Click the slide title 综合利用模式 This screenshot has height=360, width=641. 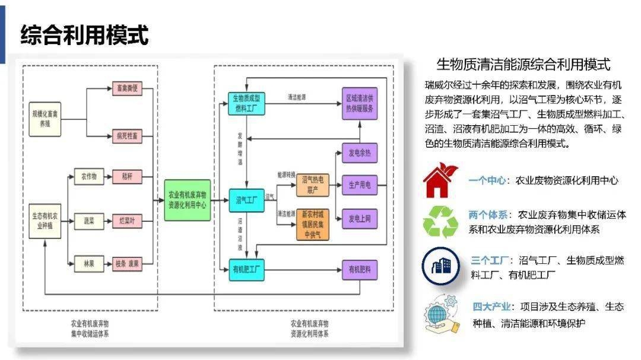[84, 35]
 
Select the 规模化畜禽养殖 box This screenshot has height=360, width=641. [46, 112]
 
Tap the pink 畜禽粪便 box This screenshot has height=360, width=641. [127, 90]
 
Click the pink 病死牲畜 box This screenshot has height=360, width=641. [127, 136]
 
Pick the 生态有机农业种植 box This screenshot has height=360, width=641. [46, 221]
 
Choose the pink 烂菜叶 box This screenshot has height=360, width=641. [127, 221]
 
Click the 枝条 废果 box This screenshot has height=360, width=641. [127, 264]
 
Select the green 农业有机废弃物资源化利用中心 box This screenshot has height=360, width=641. [188, 200]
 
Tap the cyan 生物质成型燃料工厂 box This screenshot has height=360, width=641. [246, 103]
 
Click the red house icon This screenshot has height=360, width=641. [441, 179]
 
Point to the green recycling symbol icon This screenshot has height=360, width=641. [440, 222]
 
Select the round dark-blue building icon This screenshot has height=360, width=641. [440, 266]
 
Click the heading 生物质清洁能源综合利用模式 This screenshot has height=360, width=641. [523, 64]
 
